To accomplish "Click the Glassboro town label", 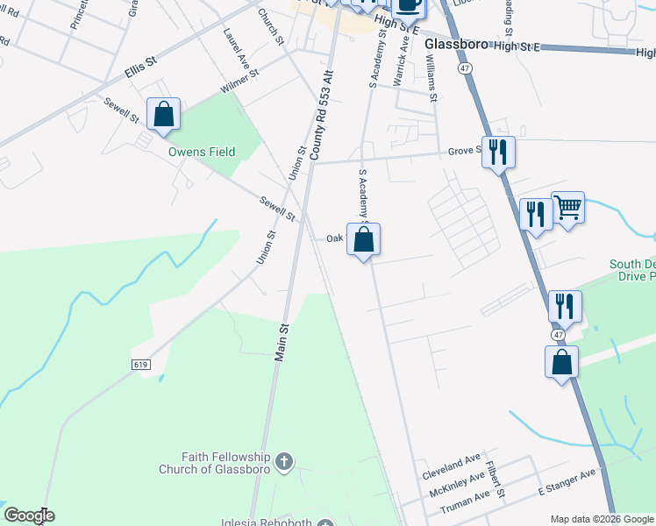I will tap(455, 45).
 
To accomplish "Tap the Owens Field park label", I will tap(202, 152).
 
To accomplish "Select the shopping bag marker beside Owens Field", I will tap(163, 115).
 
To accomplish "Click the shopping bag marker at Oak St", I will tap(364, 239).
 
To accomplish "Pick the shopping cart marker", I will tap(567, 209).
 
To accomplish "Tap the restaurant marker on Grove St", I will tap(498, 153).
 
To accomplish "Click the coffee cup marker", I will tap(409, 4).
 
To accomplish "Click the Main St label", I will tap(283, 340).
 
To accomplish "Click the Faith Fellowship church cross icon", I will tap(283, 460).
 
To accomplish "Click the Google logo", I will tap(29, 515).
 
